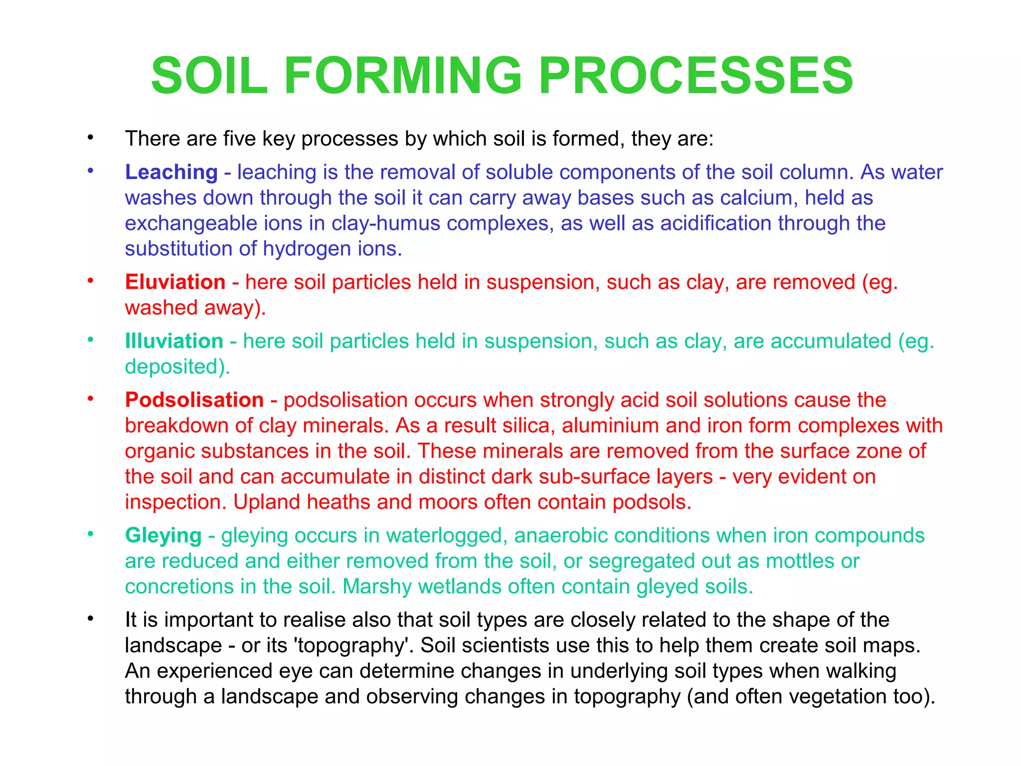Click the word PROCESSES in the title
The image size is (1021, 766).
tap(696, 76)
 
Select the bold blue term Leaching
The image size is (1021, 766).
tap(171, 172)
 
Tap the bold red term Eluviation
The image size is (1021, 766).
tap(175, 282)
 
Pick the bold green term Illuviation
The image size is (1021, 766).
tap(173, 341)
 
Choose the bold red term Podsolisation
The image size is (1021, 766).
tap(194, 400)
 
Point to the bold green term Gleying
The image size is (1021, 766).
tap(163, 536)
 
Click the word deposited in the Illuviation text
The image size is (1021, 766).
tap(176, 367)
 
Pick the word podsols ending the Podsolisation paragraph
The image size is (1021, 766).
tap(651, 502)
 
